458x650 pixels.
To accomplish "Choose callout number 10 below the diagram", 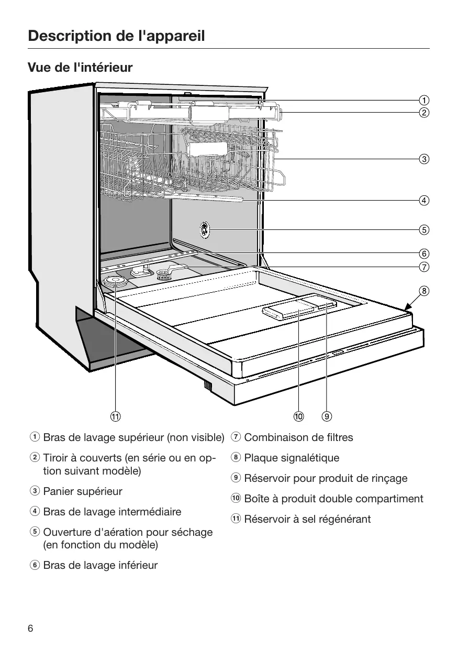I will [x=298, y=417].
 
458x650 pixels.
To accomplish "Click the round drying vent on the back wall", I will [x=204, y=229].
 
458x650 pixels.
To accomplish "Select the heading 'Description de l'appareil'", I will [x=116, y=36].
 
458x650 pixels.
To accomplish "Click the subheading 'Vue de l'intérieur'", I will [x=80, y=68].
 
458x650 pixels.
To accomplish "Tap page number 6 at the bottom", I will [x=30, y=629].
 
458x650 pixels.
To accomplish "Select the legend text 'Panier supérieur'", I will [x=83, y=491].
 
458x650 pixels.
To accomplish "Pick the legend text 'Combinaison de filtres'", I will [x=298, y=437].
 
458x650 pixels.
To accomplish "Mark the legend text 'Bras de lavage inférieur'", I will [x=100, y=565].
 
